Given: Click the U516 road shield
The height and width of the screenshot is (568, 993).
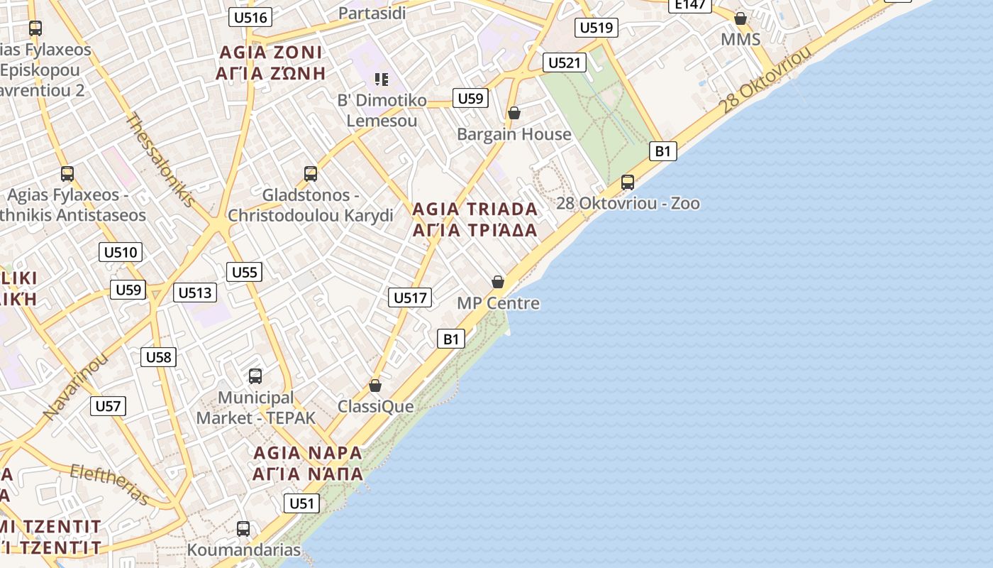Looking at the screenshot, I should click(x=251, y=17).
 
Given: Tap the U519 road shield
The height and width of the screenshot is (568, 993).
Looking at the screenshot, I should click(x=596, y=28).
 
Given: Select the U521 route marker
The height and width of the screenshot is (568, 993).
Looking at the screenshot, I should click(x=565, y=62).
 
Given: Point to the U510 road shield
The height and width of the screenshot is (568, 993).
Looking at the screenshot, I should click(x=121, y=252).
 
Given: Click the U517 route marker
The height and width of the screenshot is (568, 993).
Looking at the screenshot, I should click(x=410, y=297).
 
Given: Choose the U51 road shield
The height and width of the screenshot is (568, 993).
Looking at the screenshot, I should click(x=301, y=503).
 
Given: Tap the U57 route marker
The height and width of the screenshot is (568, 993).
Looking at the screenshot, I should click(x=108, y=406).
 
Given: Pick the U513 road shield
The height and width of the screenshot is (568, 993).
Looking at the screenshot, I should click(x=195, y=293).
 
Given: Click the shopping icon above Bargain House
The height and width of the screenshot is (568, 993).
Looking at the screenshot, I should click(x=514, y=113).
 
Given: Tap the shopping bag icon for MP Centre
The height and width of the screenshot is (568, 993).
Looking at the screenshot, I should click(x=498, y=282).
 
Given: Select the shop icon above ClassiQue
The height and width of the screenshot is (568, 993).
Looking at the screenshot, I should click(x=375, y=386).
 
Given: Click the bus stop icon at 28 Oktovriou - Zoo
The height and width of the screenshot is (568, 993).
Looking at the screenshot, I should click(x=628, y=182).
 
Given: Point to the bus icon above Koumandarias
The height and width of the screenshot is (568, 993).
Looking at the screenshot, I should click(x=243, y=529).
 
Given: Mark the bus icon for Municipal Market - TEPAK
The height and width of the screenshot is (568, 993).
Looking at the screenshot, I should click(x=255, y=376).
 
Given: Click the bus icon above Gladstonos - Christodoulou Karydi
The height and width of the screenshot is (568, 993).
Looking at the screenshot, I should click(x=310, y=174).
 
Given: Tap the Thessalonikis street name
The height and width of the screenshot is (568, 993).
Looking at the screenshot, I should click(x=160, y=160).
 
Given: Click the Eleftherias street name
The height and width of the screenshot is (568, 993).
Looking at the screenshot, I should click(x=110, y=484).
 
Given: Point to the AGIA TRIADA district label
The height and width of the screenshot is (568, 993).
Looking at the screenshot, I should click(x=475, y=209).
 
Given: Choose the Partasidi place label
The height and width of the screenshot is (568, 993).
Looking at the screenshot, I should click(x=372, y=13).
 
